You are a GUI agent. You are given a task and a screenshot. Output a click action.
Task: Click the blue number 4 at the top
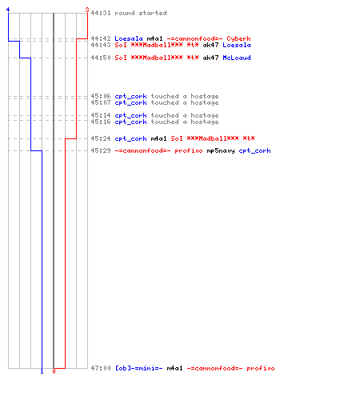pos(8,10)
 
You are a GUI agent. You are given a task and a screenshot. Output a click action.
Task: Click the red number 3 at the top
pos(86,10)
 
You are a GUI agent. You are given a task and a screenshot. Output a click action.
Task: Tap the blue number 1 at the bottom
pos(42,371)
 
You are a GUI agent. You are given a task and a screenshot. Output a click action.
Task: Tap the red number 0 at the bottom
pos(54,371)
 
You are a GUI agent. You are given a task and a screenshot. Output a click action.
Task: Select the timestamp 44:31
pos(101,13)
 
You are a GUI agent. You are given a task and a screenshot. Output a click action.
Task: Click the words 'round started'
pos(141,13)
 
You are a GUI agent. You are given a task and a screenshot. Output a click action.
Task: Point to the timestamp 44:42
pos(101,38)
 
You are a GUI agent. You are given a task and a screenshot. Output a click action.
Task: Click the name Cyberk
pos(238,38)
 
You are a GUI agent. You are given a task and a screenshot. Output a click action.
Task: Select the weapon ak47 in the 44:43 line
pos(210,45)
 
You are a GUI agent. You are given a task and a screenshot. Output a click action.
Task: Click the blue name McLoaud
pos(237,58)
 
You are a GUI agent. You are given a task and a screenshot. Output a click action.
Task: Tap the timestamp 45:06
pos(101,96)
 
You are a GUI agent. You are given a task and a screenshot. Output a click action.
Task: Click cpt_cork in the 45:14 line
pos(130,115)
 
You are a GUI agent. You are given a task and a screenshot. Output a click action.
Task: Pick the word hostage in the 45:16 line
pos(205,122)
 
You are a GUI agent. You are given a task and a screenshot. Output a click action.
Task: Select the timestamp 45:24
pos(101,138)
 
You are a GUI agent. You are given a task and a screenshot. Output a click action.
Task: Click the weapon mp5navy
pos(221,151)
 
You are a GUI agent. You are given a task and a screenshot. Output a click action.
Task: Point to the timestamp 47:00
pos(101,368)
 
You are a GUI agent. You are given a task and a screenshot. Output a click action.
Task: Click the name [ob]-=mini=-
pos(138,368)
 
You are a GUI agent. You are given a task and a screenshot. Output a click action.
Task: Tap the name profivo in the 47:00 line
pos(261,368)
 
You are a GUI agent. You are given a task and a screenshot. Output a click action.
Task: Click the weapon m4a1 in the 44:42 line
pos(154,38)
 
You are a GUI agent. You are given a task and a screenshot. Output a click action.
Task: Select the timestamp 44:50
pos(101,58)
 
